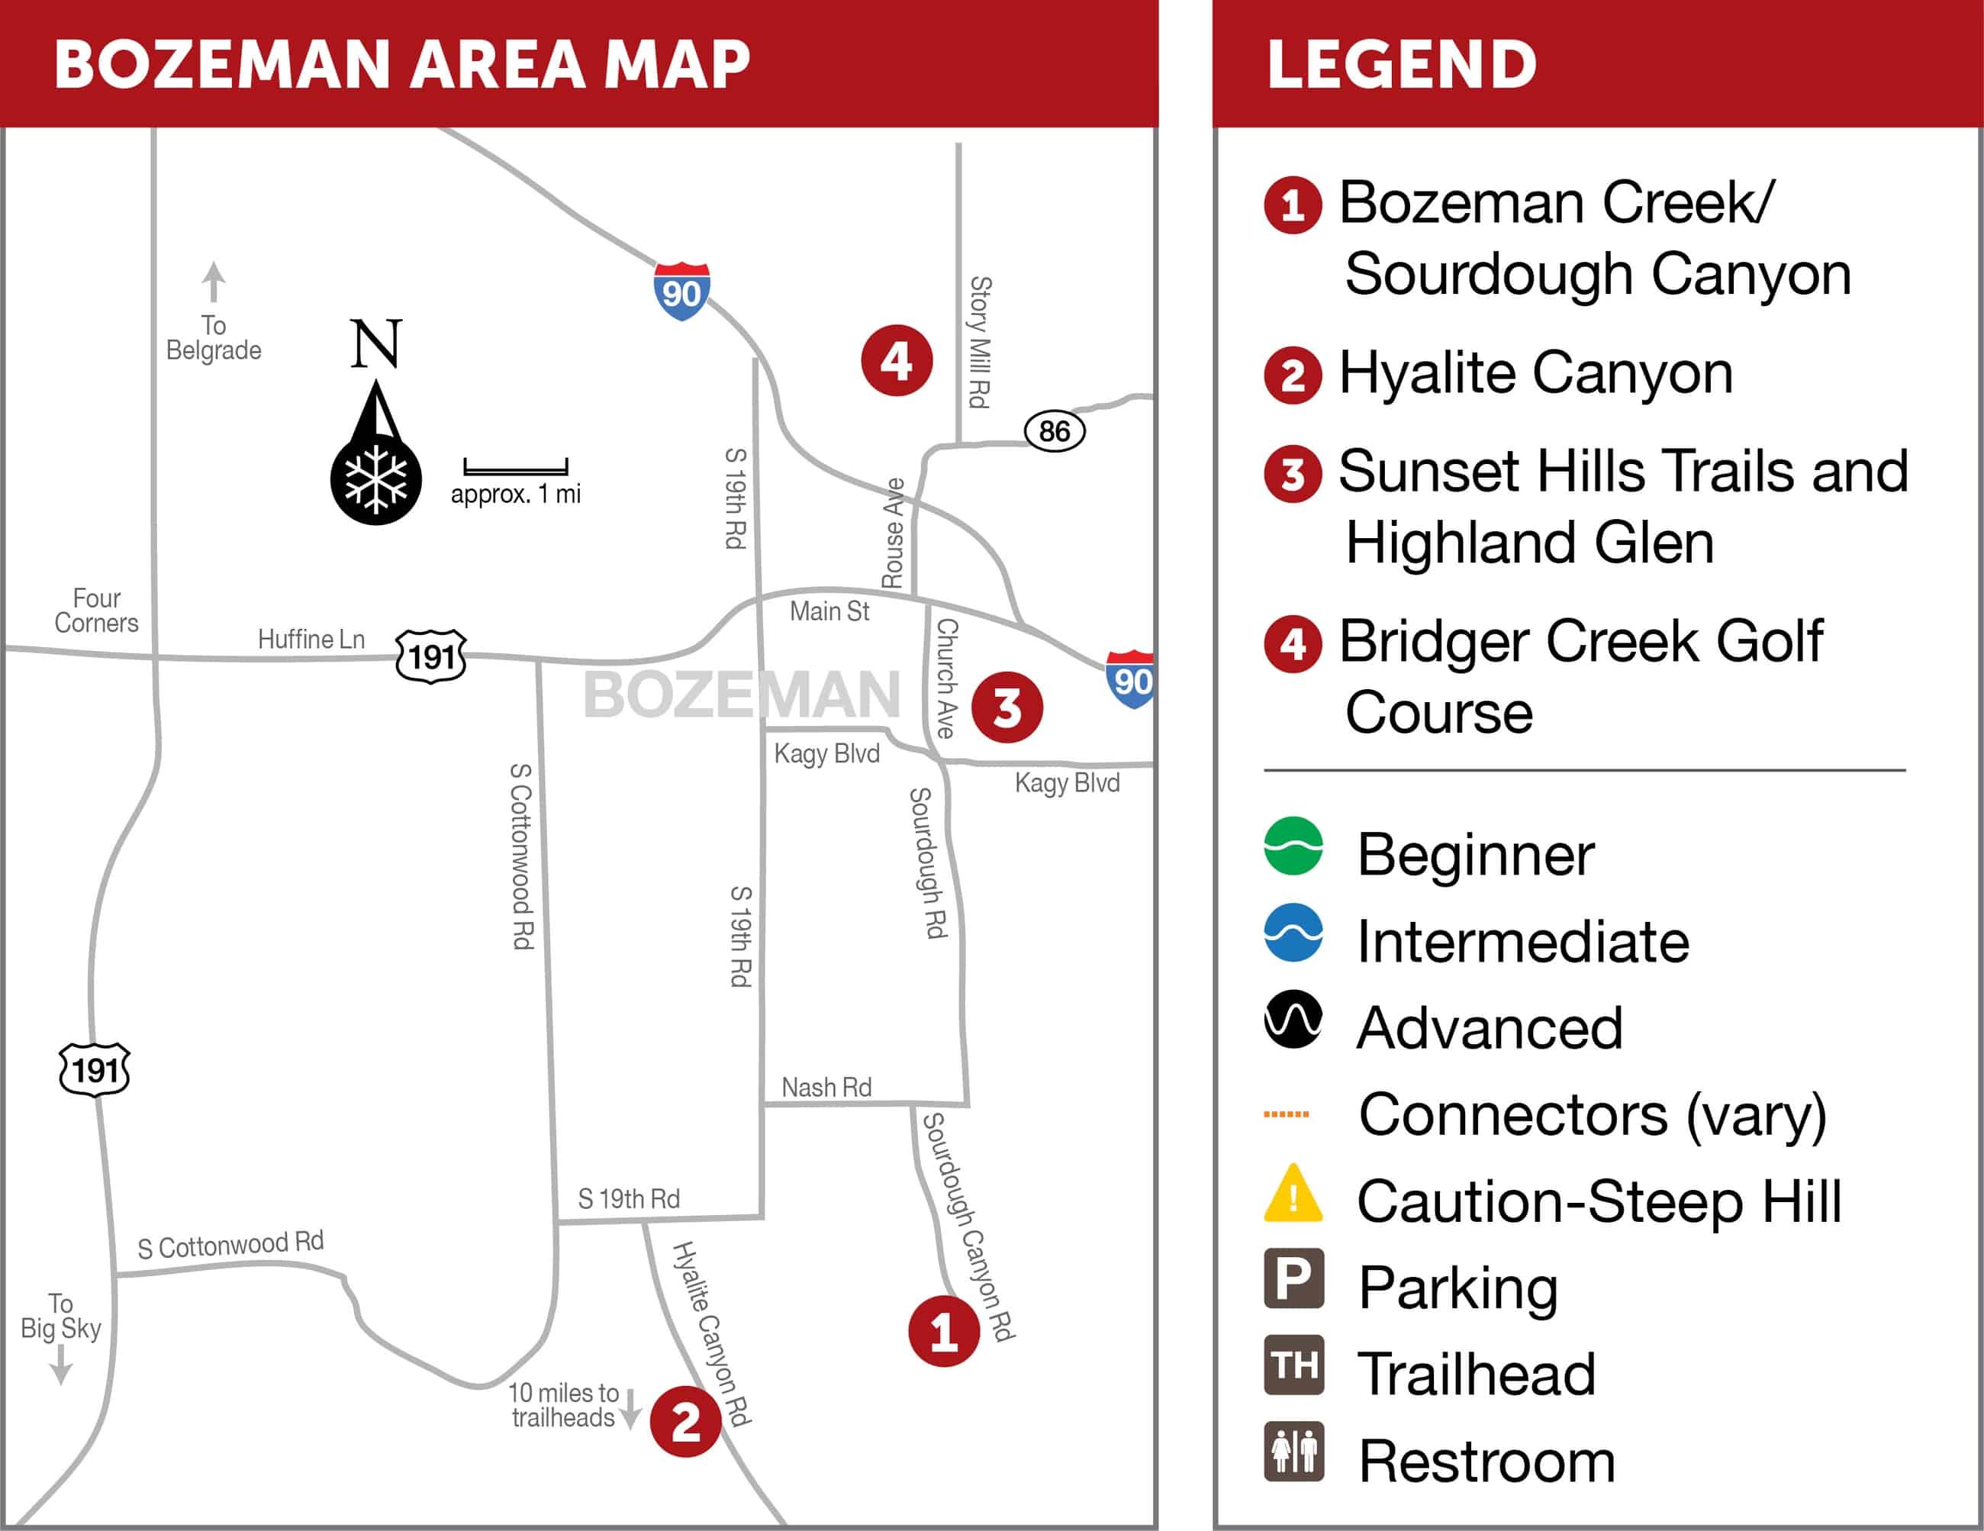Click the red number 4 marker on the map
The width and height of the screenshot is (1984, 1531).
tap(897, 361)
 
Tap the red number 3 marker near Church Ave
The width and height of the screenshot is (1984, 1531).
tap(1006, 707)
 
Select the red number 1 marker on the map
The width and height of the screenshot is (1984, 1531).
tap(943, 1331)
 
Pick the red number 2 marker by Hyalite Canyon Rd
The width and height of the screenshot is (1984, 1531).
tap(685, 1422)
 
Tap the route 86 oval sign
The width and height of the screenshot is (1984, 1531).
tap(1054, 430)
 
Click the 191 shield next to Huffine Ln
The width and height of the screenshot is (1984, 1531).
tap(430, 656)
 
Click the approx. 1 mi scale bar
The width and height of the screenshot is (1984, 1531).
tap(515, 468)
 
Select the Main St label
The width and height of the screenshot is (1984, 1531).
tap(829, 611)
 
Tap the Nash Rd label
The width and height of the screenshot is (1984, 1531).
tap(826, 1088)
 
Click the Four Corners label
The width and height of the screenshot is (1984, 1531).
tap(96, 611)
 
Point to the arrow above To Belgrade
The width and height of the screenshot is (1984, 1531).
tap(214, 282)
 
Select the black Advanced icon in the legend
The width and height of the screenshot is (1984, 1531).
tap(1293, 1020)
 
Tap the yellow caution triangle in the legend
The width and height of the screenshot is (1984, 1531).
tap(1293, 1193)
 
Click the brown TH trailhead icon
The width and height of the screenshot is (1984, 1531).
tap(1293, 1365)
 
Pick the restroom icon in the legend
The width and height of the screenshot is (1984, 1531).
tap(1293, 1451)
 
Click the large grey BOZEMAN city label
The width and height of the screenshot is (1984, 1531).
tap(741, 695)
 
